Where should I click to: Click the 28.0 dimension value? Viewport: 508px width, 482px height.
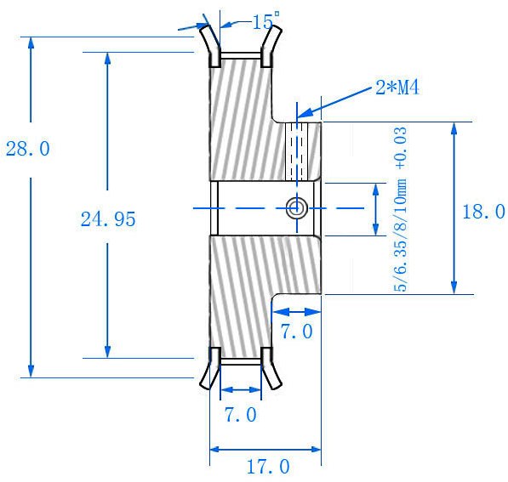[x=28, y=149]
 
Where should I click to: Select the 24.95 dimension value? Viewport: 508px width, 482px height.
[x=108, y=219]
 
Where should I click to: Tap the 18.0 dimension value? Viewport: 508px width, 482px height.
[x=483, y=212]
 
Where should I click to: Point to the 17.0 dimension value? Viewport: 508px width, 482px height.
[x=268, y=467]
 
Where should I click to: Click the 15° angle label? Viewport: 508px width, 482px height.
[x=265, y=21]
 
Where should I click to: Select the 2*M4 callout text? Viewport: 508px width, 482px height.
[x=397, y=88]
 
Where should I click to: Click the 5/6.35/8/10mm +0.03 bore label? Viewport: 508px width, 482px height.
[x=400, y=209]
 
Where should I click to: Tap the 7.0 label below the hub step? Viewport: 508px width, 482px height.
[x=296, y=332]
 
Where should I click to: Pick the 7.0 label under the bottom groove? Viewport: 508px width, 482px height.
[x=241, y=415]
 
